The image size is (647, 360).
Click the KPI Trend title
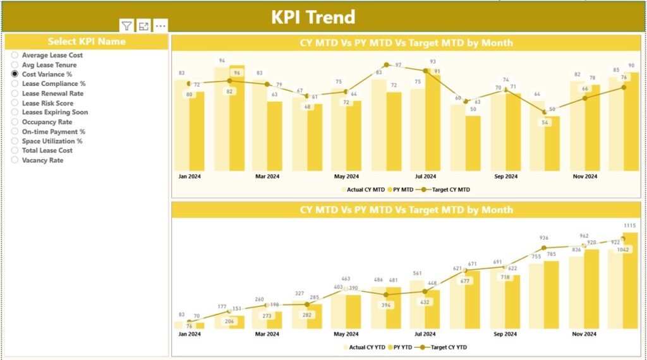point(313,17)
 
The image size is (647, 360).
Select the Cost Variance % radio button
point(15,74)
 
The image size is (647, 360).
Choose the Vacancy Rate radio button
point(15,160)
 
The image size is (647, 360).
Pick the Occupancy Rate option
point(15,122)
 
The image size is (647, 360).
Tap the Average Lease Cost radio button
point(15,56)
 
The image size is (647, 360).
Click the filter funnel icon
point(127,26)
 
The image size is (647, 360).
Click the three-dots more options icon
point(161,26)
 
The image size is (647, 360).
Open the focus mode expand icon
point(144,26)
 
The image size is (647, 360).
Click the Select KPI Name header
point(87,42)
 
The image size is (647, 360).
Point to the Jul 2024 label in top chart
point(425,177)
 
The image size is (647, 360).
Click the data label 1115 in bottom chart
point(631,225)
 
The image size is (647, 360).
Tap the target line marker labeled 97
point(387,65)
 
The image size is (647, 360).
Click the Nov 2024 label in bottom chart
point(584,335)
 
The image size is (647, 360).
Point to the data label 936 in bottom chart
point(543,238)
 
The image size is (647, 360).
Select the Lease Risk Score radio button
point(15,103)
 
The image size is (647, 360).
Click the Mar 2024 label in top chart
point(267,177)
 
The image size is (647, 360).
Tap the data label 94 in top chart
point(222,61)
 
